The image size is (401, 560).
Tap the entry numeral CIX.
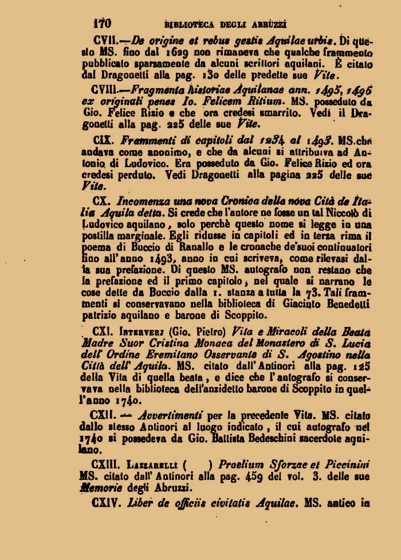103,139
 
